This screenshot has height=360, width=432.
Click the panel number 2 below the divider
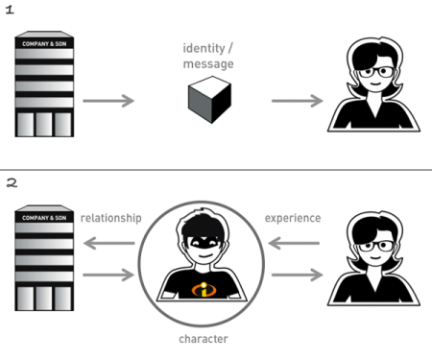pos(10,182)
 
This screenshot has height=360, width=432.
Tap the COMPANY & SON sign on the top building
pos(45,43)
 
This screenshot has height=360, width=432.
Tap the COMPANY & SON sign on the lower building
pos(45,219)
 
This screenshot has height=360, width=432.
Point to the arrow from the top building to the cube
pos(108,101)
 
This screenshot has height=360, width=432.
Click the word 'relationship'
pos(112,218)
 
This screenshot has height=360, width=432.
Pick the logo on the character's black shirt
pos(205,289)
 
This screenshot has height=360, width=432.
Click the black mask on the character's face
pos(205,245)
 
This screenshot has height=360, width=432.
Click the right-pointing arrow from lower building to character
pos(108,276)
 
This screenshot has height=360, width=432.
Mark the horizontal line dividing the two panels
pos(216,170)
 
